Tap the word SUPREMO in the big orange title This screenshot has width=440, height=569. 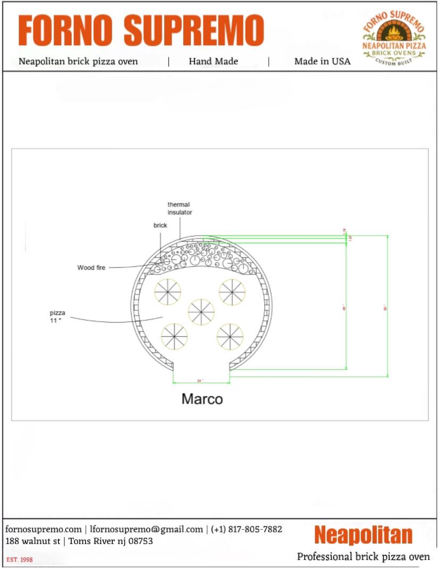pyautogui.click(x=194, y=30)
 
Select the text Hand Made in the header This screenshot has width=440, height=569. pyautogui.click(x=213, y=61)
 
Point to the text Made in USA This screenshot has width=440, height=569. pyautogui.click(x=322, y=61)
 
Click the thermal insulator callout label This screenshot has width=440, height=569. pyautogui.click(x=179, y=208)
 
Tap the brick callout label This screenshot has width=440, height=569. pyautogui.click(x=160, y=225)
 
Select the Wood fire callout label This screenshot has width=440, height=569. pyautogui.click(x=91, y=268)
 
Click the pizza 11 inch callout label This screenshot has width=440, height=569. pyautogui.click(x=57, y=317)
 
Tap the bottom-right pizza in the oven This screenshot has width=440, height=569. pyautogui.click(x=230, y=337)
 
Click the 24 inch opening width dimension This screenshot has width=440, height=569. pyautogui.click(x=200, y=381)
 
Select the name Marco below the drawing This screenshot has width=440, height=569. pyautogui.click(x=202, y=399)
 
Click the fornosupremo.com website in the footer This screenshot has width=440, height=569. pyautogui.click(x=44, y=529)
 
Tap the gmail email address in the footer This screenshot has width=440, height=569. pyautogui.click(x=147, y=529)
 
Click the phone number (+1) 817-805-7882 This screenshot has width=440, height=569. pyautogui.click(x=247, y=529)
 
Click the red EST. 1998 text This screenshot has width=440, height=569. pyautogui.click(x=20, y=560)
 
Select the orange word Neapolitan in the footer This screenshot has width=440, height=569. pyautogui.click(x=363, y=534)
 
